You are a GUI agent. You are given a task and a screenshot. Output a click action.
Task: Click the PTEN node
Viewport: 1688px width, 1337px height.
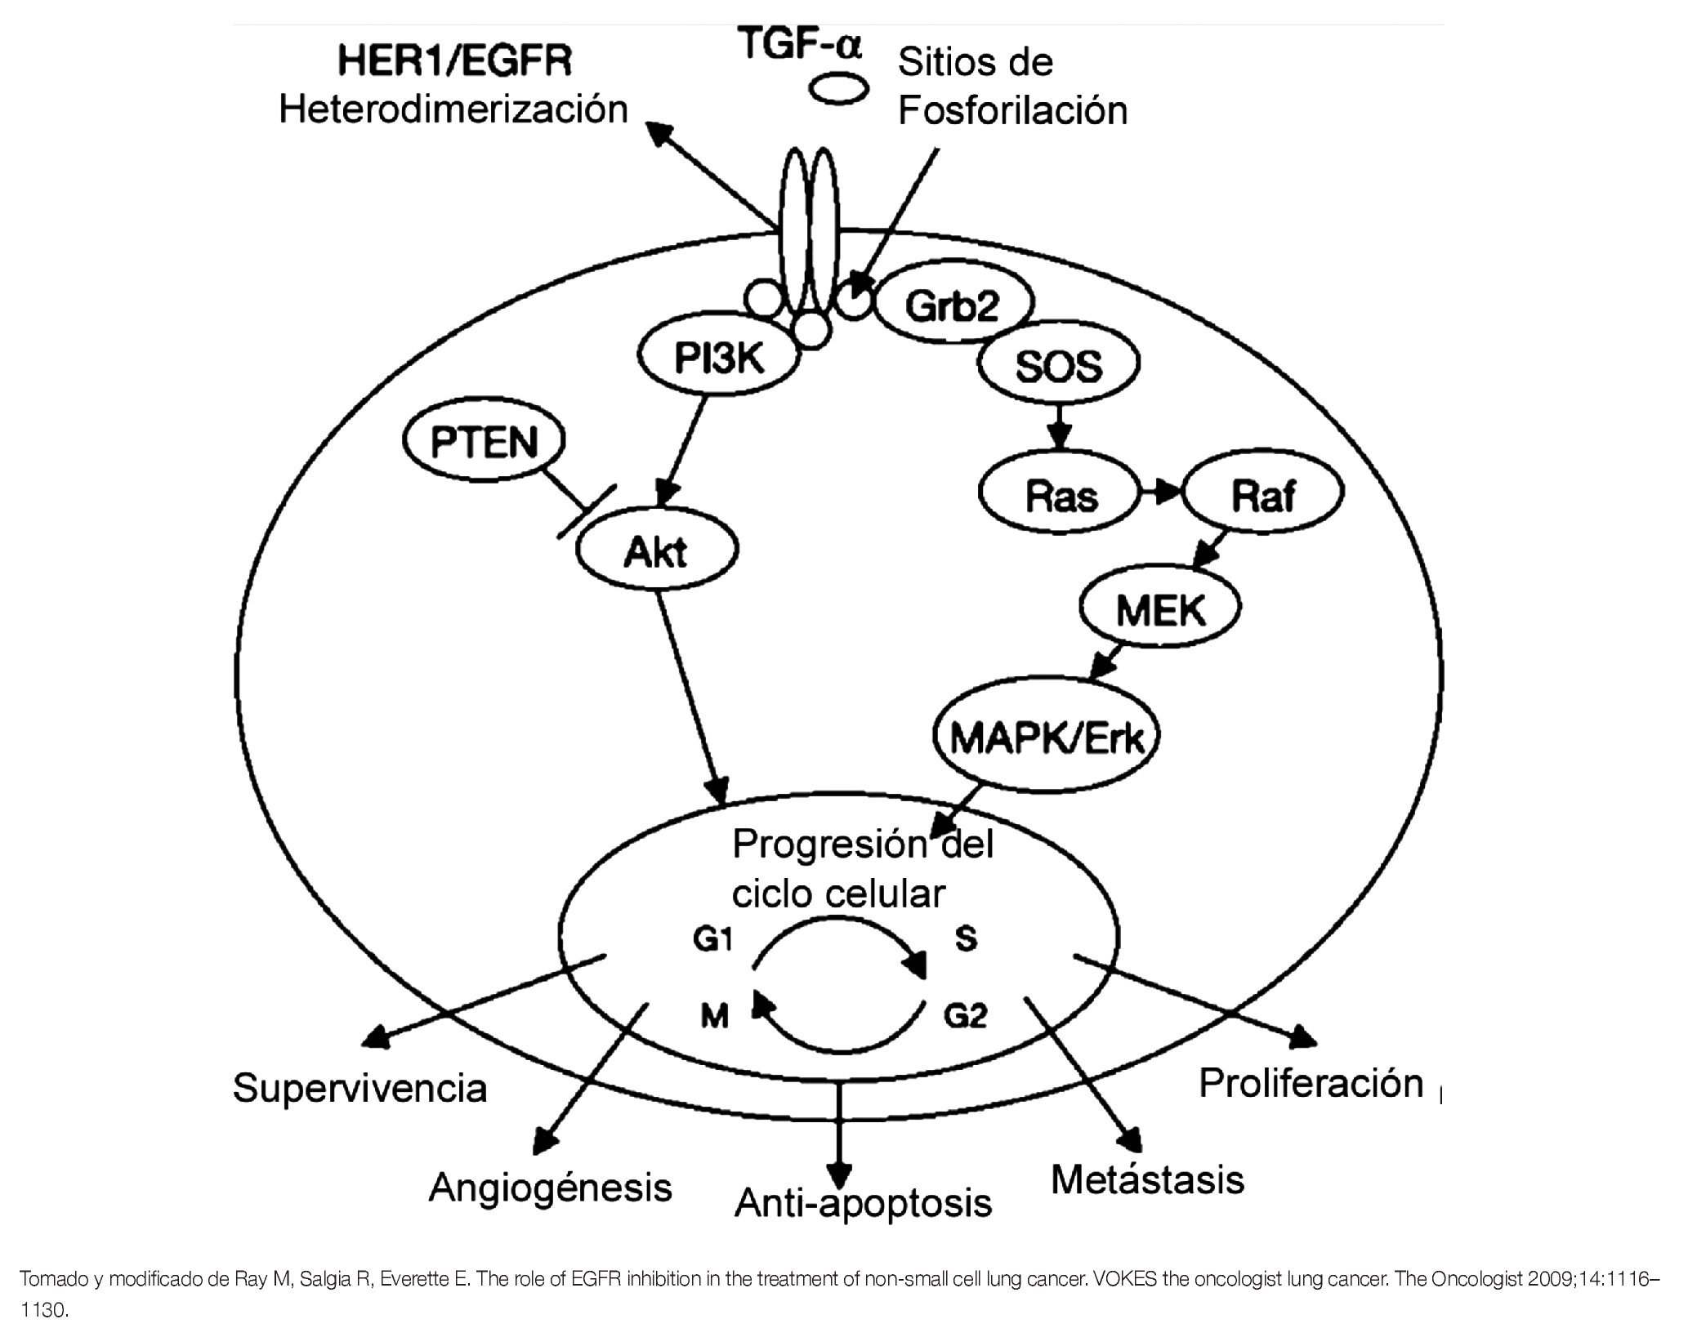pyautogui.click(x=485, y=443)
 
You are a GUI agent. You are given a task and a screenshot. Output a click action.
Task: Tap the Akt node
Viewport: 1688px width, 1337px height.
pyautogui.click(x=657, y=553)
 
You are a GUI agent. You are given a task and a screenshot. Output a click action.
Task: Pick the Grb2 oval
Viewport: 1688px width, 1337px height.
pyautogui.click(x=952, y=306)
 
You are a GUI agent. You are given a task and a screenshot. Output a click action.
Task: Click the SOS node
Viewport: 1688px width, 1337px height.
pyautogui.click(x=1059, y=366)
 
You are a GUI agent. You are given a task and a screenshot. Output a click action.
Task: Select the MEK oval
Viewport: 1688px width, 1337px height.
pyautogui.click(x=1160, y=609)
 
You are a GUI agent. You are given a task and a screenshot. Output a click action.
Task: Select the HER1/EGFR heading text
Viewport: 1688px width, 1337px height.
pyautogui.click(x=455, y=61)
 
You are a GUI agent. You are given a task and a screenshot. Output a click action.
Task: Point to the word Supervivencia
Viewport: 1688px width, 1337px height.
pyautogui.click(x=360, y=1089)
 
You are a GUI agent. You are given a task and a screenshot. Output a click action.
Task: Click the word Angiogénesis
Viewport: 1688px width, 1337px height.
pyautogui.click(x=550, y=1188)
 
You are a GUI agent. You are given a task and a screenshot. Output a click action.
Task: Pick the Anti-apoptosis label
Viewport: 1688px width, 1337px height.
pyautogui.click(x=863, y=1203)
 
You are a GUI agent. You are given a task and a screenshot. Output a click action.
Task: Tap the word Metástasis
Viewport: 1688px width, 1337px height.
pyautogui.click(x=1147, y=1179)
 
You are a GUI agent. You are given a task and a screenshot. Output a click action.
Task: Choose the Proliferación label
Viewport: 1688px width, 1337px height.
pyautogui.click(x=1311, y=1083)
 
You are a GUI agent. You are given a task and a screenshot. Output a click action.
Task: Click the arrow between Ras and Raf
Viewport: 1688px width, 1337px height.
pyautogui.click(x=1161, y=492)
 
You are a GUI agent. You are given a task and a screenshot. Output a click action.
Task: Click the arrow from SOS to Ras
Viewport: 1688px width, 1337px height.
pyautogui.click(x=1060, y=427)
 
